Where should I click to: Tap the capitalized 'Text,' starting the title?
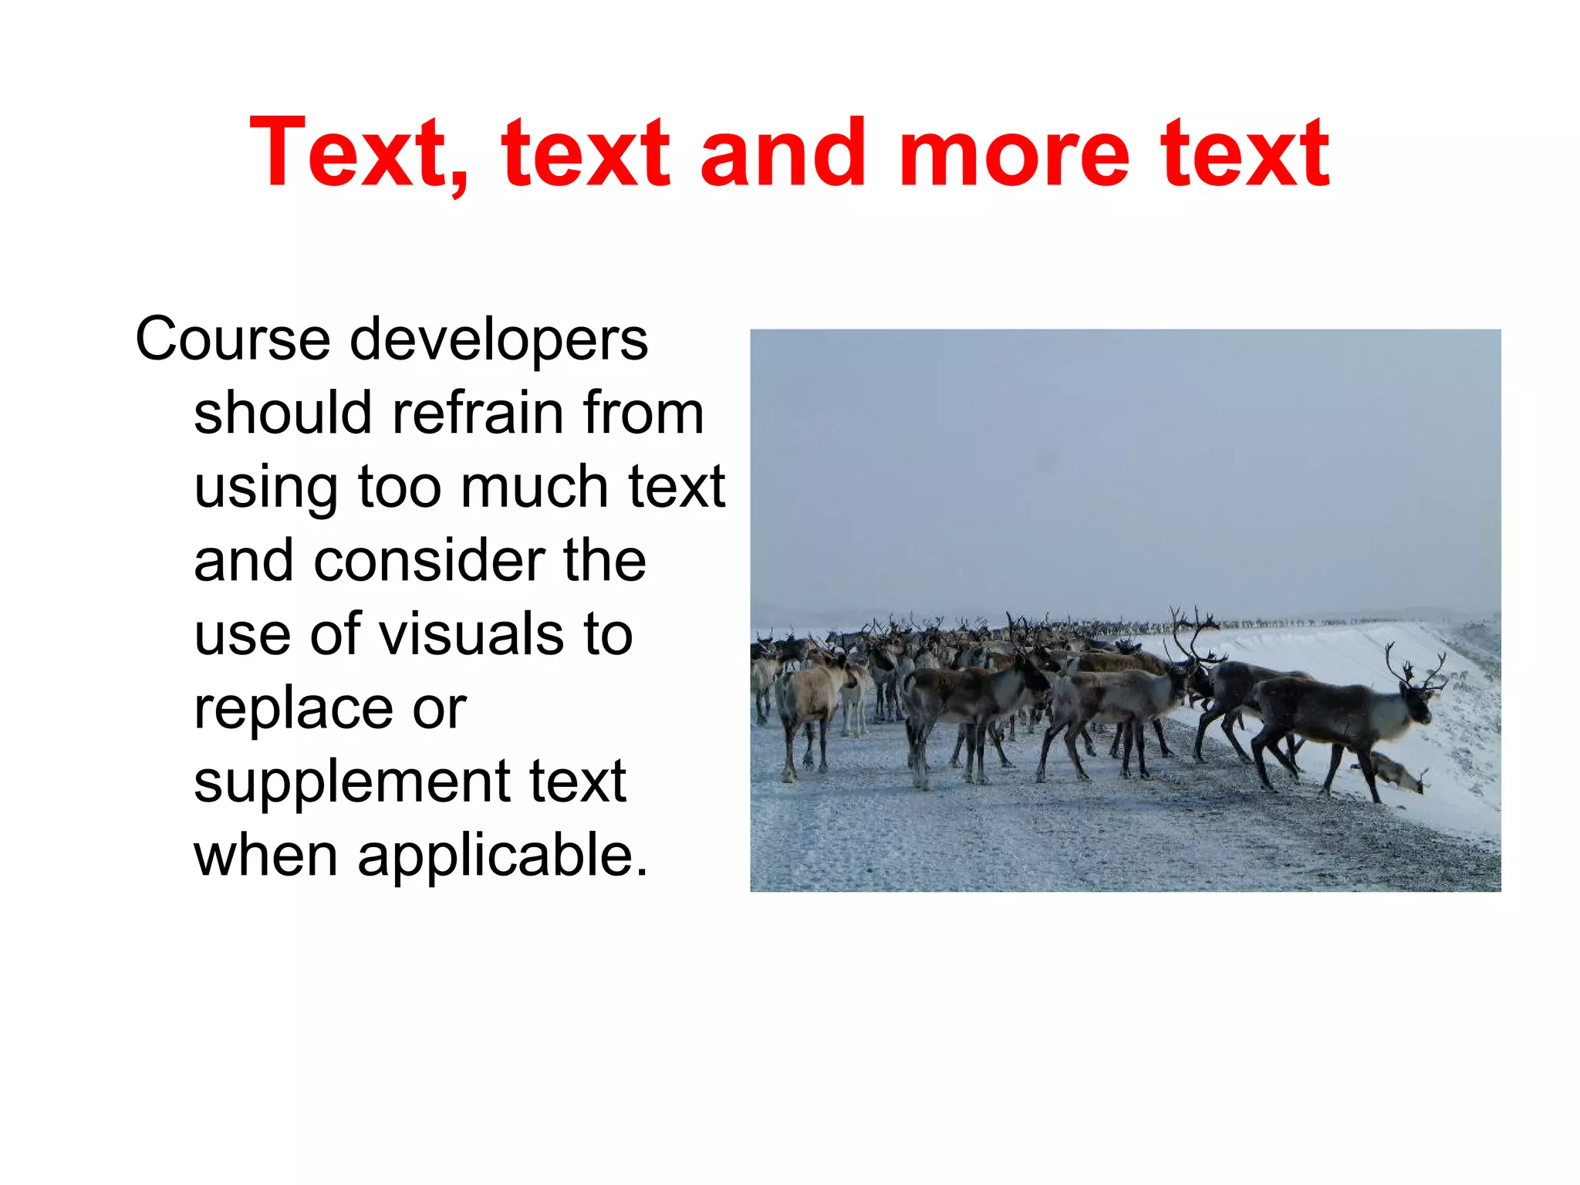[x=359, y=154]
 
